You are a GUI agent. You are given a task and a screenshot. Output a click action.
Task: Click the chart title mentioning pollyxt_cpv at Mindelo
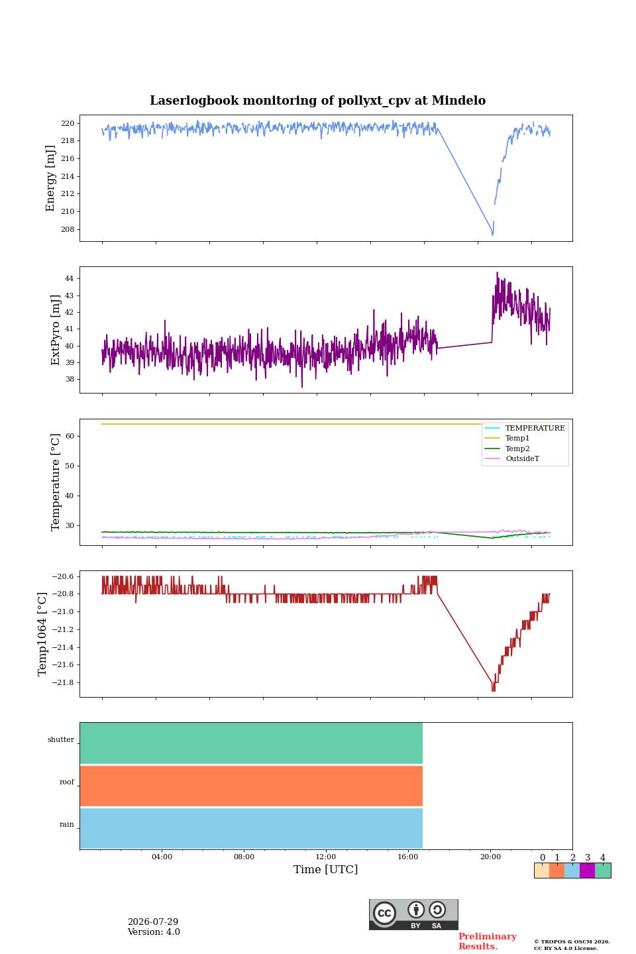pyautogui.click(x=317, y=101)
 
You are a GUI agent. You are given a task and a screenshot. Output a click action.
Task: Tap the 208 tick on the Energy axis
pyautogui.click(x=68, y=229)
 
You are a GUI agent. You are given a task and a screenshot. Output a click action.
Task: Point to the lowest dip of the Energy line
pyautogui.click(x=492, y=235)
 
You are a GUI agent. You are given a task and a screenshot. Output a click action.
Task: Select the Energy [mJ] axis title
pyautogui.click(x=50, y=178)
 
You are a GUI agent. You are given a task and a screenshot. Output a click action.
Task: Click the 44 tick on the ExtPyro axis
pyautogui.click(x=69, y=278)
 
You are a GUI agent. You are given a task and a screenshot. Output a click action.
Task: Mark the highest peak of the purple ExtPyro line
pyautogui.click(x=497, y=272)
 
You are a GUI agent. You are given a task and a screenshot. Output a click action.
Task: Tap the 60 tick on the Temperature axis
pyautogui.click(x=70, y=436)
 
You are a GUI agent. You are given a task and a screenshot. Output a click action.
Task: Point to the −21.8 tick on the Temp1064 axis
pyautogui.click(x=63, y=682)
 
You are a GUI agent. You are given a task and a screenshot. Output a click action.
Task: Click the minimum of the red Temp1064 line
pyautogui.click(x=494, y=690)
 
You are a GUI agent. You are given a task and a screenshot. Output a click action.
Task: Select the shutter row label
pyautogui.click(x=60, y=739)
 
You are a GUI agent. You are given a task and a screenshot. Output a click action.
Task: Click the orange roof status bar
pyautogui.click(x=251, y=786)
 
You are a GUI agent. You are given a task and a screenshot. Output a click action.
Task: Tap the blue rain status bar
pyautogui.click(x=251, y=828)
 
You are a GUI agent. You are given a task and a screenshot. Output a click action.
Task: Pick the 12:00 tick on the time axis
pyautogui.click(x=326, y=857)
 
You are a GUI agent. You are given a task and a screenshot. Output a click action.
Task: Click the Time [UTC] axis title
pyautogui.click(x=325, y=869)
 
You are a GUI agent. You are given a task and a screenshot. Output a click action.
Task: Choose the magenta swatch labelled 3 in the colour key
pyautogui.click(x=587, y=870)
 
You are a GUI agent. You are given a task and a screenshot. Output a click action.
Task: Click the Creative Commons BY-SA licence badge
pyautogui.click(x=413, y=914)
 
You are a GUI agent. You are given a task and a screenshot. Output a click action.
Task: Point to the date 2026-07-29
pyautogui.click(x=153, y=922)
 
